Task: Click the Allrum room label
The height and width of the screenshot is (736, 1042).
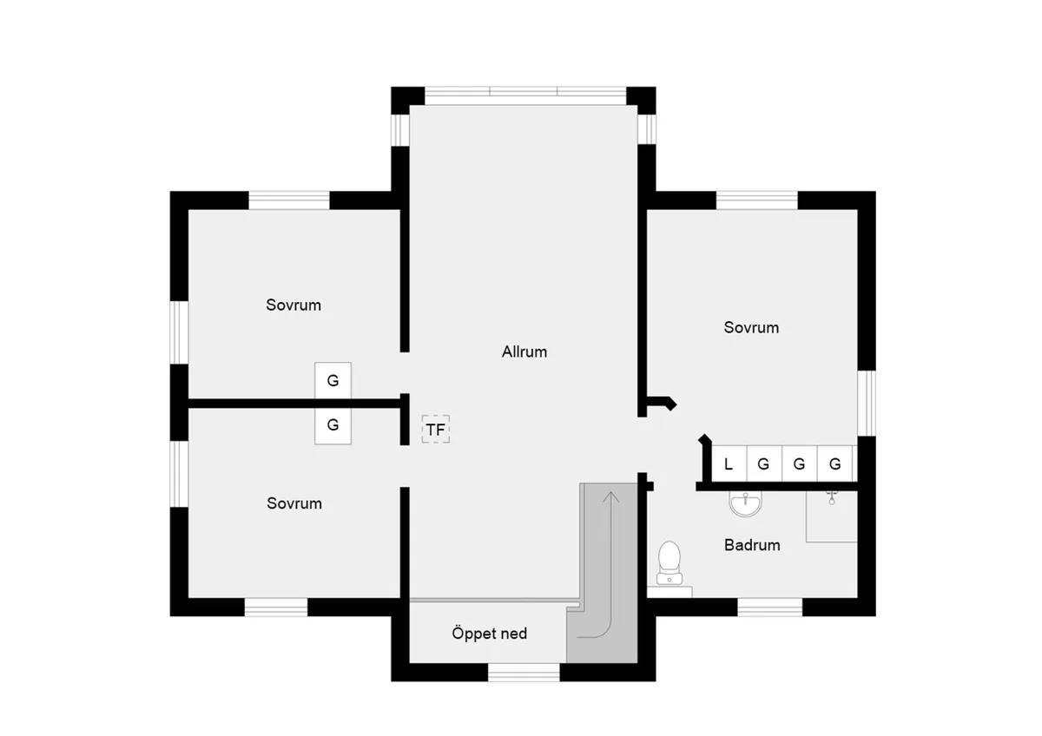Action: (524, 352)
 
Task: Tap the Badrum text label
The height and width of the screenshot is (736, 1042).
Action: (752, 545)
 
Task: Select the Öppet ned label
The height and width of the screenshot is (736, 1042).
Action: (489, 633)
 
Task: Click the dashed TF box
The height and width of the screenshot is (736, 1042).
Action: (436, 430)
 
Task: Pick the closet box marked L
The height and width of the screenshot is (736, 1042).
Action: (729, 463)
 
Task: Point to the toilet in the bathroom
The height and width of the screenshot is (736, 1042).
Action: (669, 562)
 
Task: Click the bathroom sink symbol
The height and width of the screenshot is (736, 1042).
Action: (744, 503)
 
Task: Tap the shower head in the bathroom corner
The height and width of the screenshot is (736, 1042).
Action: (832, 497)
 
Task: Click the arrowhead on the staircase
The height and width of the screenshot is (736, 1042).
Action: (610, 496)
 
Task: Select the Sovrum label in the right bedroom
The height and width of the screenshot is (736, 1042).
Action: (751, 327)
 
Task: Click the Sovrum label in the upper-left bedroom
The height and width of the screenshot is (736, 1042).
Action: (293, 305)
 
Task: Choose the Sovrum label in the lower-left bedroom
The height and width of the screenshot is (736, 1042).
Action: (294, 503)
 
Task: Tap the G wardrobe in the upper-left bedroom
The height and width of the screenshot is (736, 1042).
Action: (333, 380)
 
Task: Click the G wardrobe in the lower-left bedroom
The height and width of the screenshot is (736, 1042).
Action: (333, 425)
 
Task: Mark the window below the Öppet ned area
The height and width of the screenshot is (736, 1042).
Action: (523, 672)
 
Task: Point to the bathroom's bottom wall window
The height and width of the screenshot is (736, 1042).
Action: (769, 607)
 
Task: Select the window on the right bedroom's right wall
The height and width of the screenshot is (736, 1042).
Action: (866, 403)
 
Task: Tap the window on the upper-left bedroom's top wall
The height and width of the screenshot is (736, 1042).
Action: (289, 200)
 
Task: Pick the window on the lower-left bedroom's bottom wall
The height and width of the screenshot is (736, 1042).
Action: (275, 607)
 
